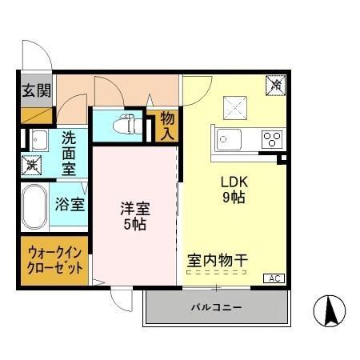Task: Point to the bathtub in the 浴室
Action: coord(34,207)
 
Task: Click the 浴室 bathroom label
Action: coord(70,204)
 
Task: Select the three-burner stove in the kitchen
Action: coord(271,139)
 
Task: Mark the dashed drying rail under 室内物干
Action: coord(216,271)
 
